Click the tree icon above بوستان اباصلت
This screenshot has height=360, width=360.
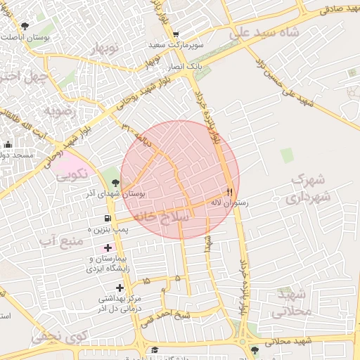pyautogui.click(x=25, y=27)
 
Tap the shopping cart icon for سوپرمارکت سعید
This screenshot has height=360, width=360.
pyautogui.click(x=175, y=34)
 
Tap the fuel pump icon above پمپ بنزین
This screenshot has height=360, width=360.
pyautogui.click(x=108, y=219)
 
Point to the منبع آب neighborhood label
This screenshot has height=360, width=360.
pyautogui.click(x=62, y=241)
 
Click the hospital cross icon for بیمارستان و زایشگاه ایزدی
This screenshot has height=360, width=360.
pyautogui.click(x=108, y=247)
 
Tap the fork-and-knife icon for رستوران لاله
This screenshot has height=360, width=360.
pyautogui.click(x=229, y=191)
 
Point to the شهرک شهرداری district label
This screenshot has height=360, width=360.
pyautogui.click(x=308, y=188)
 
